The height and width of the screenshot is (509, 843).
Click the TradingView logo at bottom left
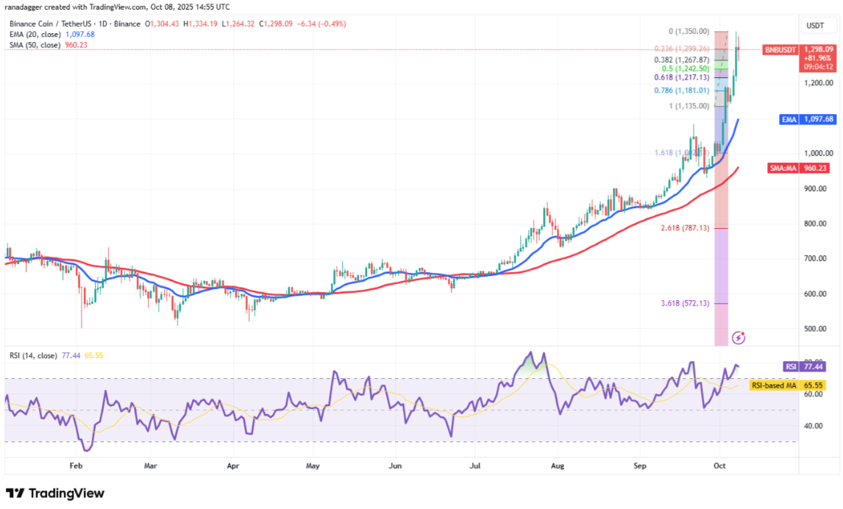(55, 493)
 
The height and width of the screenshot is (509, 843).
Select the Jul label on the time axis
(476, 466)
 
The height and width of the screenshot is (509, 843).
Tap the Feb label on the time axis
(74, 466)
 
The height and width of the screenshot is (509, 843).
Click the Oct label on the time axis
(721, 466)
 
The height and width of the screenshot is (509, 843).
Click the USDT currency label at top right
(815, 25)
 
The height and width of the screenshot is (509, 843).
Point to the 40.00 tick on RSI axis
(814, 426)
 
